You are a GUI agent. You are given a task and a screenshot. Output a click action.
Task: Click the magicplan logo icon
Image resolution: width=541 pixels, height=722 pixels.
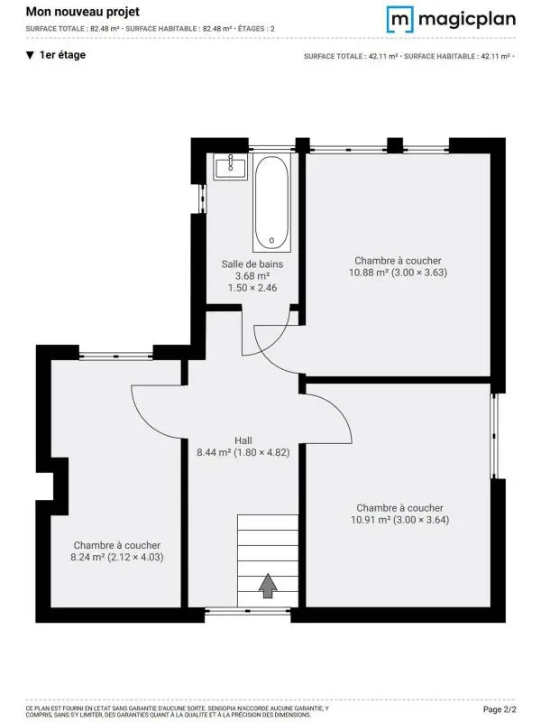tap(400, 19)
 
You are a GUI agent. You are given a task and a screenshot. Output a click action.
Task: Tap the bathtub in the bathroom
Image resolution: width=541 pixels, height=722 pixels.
tap(271, 203)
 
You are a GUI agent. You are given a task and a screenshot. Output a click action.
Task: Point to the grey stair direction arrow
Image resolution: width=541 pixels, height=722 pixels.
tap(268, 586)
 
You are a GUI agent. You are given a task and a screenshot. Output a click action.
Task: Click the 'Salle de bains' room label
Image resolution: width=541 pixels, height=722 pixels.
tap(252, 264)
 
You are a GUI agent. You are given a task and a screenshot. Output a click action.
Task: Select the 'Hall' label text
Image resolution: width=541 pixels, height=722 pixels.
tap(243, 440)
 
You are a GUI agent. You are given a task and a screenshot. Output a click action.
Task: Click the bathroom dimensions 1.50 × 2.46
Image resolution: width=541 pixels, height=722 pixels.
tap(252, 288)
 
